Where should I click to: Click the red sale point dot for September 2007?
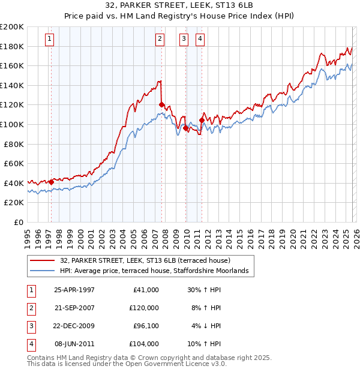161,104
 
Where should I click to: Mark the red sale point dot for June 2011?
201,120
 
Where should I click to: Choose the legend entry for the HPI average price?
154,271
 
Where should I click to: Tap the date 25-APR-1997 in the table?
74,290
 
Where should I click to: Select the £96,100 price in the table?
144,327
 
